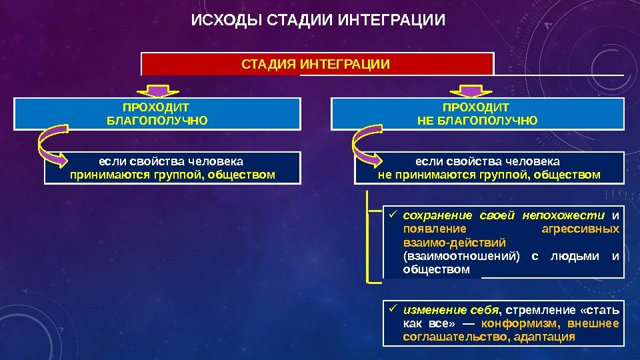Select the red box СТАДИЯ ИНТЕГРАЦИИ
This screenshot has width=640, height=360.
pyautogui.click(x=317, y=64)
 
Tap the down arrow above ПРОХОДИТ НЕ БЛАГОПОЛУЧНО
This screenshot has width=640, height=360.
pyautogui.click(x=471, y=90)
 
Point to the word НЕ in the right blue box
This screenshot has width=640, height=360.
pyautogui.click(x=425, y=121)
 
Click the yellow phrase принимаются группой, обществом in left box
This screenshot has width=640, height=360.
pyautogui.click(x=172, y=175)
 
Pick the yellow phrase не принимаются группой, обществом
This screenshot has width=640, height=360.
pyautogui.click(x=489, y=175)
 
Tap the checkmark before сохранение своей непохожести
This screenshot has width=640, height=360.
pyautogui.click(x=393, y=215)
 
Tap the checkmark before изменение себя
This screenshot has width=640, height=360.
pyautogui.click(x=393, y=309)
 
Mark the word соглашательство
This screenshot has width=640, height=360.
pyautogui.click(x=458, y=337)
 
